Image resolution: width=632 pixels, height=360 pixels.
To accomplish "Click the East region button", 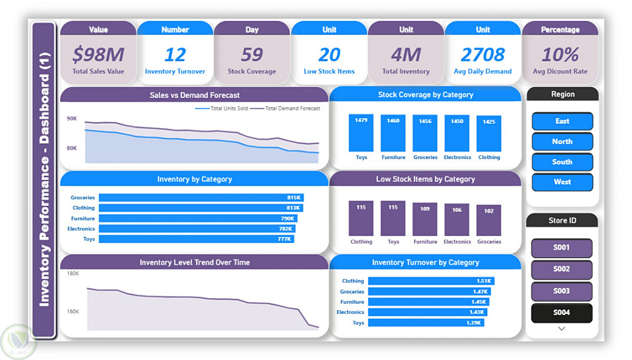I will pos(562,121).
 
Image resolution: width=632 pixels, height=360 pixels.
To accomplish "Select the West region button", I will pos(562,182).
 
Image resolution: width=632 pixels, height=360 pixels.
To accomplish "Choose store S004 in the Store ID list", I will pos(561,313).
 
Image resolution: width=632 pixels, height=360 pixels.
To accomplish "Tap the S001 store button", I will pos(561,248).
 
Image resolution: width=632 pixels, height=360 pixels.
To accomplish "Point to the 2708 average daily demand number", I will pos(483,55).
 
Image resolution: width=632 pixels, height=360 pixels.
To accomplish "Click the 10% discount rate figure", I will pos(560,55).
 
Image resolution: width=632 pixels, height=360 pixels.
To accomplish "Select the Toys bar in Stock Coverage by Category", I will pos(361,133).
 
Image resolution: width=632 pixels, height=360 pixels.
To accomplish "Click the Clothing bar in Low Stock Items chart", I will pos(361,219).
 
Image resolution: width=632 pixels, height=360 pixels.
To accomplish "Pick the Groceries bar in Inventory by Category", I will pos(201,198).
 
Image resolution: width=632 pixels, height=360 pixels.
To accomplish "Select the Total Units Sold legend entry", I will pos(222,109).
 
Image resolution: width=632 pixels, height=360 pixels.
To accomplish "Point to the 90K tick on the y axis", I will pos(72,119).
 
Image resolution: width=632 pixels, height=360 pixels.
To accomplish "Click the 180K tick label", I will pos(73,273).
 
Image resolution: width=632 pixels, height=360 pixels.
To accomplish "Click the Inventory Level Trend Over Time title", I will pos(194,262).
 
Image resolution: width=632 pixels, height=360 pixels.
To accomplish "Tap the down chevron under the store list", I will pos(561,328).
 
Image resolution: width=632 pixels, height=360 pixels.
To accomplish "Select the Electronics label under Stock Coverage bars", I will pos(457,157).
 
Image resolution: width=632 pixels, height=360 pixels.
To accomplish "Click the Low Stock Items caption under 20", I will pos(329,71).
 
